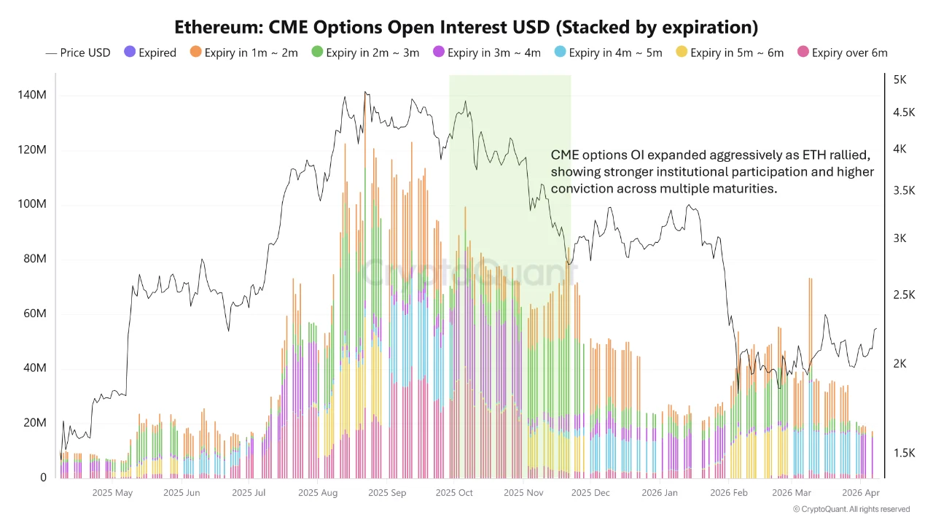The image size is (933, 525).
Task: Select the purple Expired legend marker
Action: tap(130, 52)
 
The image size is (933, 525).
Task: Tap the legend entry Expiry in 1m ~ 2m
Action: tap(245, 52)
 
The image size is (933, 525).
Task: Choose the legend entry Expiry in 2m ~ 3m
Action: tap(366, 52)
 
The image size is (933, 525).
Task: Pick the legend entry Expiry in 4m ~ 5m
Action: tap(609, 52)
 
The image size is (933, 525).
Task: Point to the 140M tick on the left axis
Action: tap(34, 96)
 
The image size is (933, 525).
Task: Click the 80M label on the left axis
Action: tap(35, 260)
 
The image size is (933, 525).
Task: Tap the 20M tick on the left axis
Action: tap(35, 423)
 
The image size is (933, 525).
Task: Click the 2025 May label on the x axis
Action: tap(112, 493)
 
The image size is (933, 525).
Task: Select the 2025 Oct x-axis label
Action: tap(453, 493)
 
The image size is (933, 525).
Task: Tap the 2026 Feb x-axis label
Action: tap(729, 493)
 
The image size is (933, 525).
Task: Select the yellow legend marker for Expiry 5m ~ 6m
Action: tap(682, 52)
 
